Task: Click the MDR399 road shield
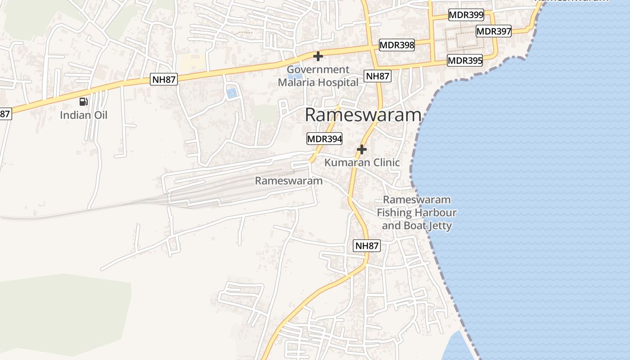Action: [x=466, y=15]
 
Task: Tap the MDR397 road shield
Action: [x=494, y=31]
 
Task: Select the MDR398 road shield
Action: [x=396, y=45]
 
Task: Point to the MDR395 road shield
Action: [x=465, y=60]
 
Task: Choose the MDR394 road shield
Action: [x=324, y=139]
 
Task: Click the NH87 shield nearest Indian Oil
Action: [x=164, y=80]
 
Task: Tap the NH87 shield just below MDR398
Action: [x=378, y=76]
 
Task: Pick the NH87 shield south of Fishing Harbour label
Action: [x=367, y=246]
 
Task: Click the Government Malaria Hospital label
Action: [x=318, y=76]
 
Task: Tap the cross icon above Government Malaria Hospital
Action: [x=318, y=56]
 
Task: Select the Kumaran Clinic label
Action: [x=362, y=162]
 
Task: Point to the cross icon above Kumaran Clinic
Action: [x=362, y=149]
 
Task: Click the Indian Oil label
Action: [x=84, y=115]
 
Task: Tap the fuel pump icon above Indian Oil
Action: [x=83, y=102]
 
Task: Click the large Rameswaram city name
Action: [x=363, y=115]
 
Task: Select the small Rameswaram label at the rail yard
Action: [x=289, y=181]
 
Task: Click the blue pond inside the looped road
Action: [x=232, y=93]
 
